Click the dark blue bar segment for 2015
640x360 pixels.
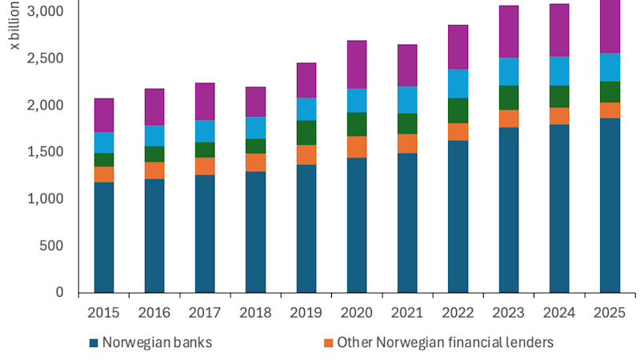pyautogui.click(x=104, y=237)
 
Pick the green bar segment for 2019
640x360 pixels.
pyautogui.click(x=306, y=133)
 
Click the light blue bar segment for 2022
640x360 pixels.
pyautogui.click(x=458, y=83)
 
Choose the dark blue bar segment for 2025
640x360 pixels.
pyautogui.click(x=610, y=205)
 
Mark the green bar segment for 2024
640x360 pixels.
pyautogui.click(x=560, y=96)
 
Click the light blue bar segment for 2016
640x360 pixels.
pyautogui.click(x=154, y=136)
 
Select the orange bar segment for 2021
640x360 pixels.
pyautogui.click(x=408, y=143)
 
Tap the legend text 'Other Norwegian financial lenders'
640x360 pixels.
pyautogui.click(x=446, y=342)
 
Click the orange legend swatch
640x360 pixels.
pyautogui.click(x=327, y=343)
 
